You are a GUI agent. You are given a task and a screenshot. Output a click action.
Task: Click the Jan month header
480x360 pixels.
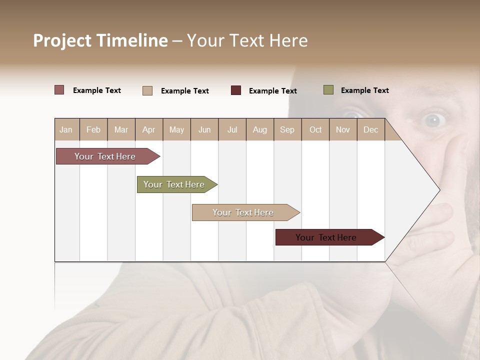pyautogui.click(x=66, y=129)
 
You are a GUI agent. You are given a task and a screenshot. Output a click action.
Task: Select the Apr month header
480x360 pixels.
pyautogui.click(x=148, y=129)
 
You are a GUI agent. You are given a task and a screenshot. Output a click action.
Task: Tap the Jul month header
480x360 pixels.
pyautogui.click(x=232, y=129)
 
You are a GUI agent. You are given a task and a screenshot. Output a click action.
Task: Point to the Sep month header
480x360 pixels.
pyautogui.click(x=287, y=129)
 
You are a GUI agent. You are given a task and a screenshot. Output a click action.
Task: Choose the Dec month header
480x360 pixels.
pyautogui.click(x=370, y=129)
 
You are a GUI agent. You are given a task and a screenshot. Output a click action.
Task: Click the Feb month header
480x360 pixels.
pyautogui.click(x=93, y=129)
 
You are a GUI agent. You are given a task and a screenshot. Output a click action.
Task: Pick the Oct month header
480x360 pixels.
pyautogui.click(x=315, y=129)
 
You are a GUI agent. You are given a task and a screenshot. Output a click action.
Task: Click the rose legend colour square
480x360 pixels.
pyautogui.click(x=59, y=90)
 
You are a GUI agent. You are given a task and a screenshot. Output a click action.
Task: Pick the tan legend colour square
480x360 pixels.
pyautogui.click(x=147, y=90)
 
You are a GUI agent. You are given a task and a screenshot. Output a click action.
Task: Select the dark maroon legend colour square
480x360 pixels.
pyautogui.click(x=236, y=90)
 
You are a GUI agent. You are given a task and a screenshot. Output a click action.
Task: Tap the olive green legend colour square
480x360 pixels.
pyautogui.click(x=328, y=90)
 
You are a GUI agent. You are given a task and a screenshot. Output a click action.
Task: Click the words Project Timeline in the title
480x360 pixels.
pyautogui.click(x=100, y=40)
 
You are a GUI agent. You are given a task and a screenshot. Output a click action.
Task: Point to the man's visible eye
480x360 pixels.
pyautogui.click(x=433, y=120)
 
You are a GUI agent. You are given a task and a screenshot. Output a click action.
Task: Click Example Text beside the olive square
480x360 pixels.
pyautogui.click(x=364, y=90)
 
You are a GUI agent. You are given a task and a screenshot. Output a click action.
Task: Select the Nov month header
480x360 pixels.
pyautogui.click(x=343, y=129)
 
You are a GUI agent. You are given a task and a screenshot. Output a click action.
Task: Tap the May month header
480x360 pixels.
pyautogui.click(x=176, y=129)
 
